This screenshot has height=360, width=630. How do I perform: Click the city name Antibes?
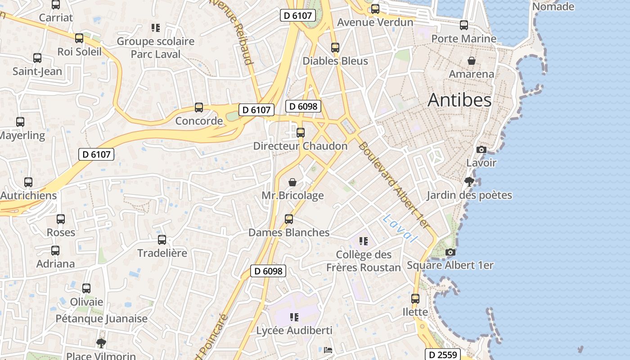click(459, 100)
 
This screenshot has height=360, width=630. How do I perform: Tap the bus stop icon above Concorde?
click(199, 108)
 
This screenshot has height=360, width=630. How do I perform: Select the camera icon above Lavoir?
click(481, 149)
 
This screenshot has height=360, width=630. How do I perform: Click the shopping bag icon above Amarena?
click(472, 61)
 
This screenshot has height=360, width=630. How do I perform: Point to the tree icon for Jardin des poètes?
click(469, 182)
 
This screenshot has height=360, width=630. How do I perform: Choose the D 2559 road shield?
click(443, 355)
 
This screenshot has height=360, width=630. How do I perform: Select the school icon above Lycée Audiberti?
click(294, 317)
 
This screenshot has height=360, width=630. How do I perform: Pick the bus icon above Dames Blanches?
click(289, 219)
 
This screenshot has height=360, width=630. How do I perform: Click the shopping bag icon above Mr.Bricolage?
click(292, 182)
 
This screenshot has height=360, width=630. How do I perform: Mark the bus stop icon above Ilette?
click(415, 299)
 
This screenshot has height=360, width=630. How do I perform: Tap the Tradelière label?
click(162, 253)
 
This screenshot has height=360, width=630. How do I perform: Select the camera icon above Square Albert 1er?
click(450, 252)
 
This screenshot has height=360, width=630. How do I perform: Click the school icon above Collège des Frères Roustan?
click(364, 241)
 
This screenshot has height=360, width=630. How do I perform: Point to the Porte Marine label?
click(463, 38)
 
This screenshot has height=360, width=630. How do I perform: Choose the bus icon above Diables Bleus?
click(335, 47)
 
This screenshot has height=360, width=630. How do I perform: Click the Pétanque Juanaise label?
click(101, 319)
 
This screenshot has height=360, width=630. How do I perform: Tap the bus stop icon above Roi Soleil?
click(79, 38)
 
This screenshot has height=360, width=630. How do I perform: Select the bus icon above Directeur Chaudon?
click(301, 133)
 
